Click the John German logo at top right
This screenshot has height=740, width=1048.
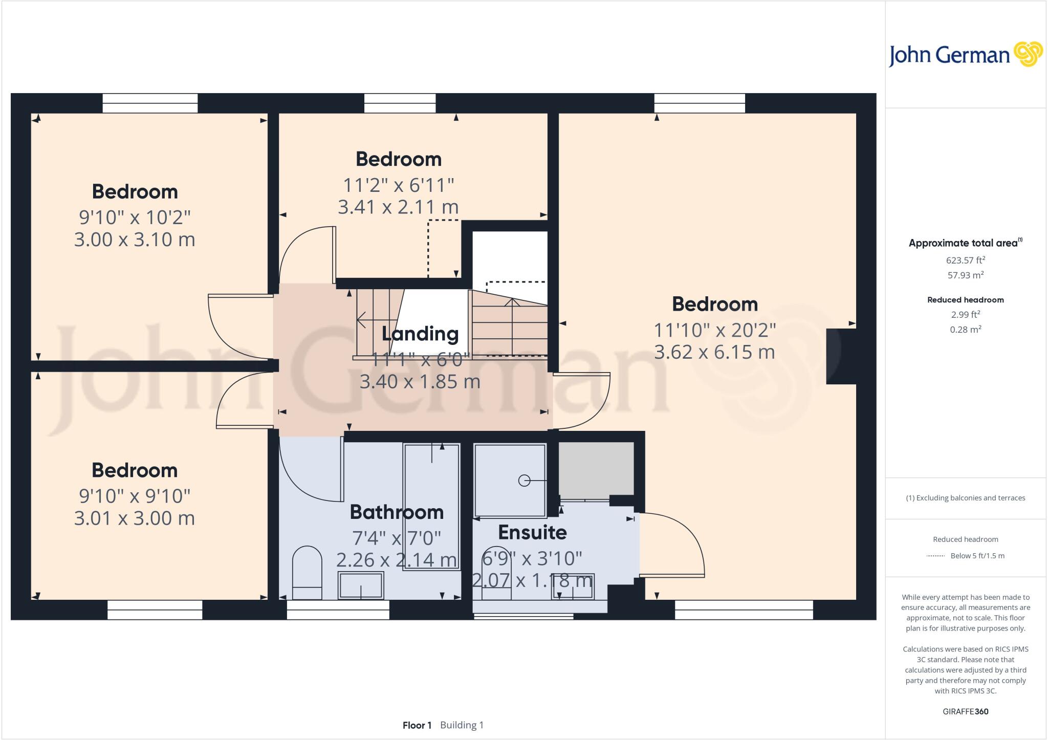point(965,55)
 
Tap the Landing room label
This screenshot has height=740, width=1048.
point(420,334)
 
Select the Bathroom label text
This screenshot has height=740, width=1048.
point(397,512)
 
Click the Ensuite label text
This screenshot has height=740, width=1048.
point(532,532)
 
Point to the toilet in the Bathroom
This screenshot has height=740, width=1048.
point(307,572)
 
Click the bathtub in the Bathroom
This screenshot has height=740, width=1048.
point(431,507)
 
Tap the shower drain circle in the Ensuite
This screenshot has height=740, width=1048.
point(524,481)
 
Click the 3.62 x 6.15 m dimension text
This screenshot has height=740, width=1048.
point(714,352)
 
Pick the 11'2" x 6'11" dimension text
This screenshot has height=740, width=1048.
point(398,185)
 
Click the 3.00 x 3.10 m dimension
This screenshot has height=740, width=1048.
point(135,240)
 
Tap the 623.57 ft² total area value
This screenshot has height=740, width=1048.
point(965,260)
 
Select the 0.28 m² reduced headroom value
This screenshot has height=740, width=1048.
point(965,330)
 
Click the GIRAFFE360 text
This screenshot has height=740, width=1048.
point(965,711)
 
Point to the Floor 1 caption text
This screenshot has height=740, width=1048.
point(417,725)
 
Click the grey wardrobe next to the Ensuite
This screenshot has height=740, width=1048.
point(596,469)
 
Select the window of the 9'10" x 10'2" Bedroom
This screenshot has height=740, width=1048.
point(150,103)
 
